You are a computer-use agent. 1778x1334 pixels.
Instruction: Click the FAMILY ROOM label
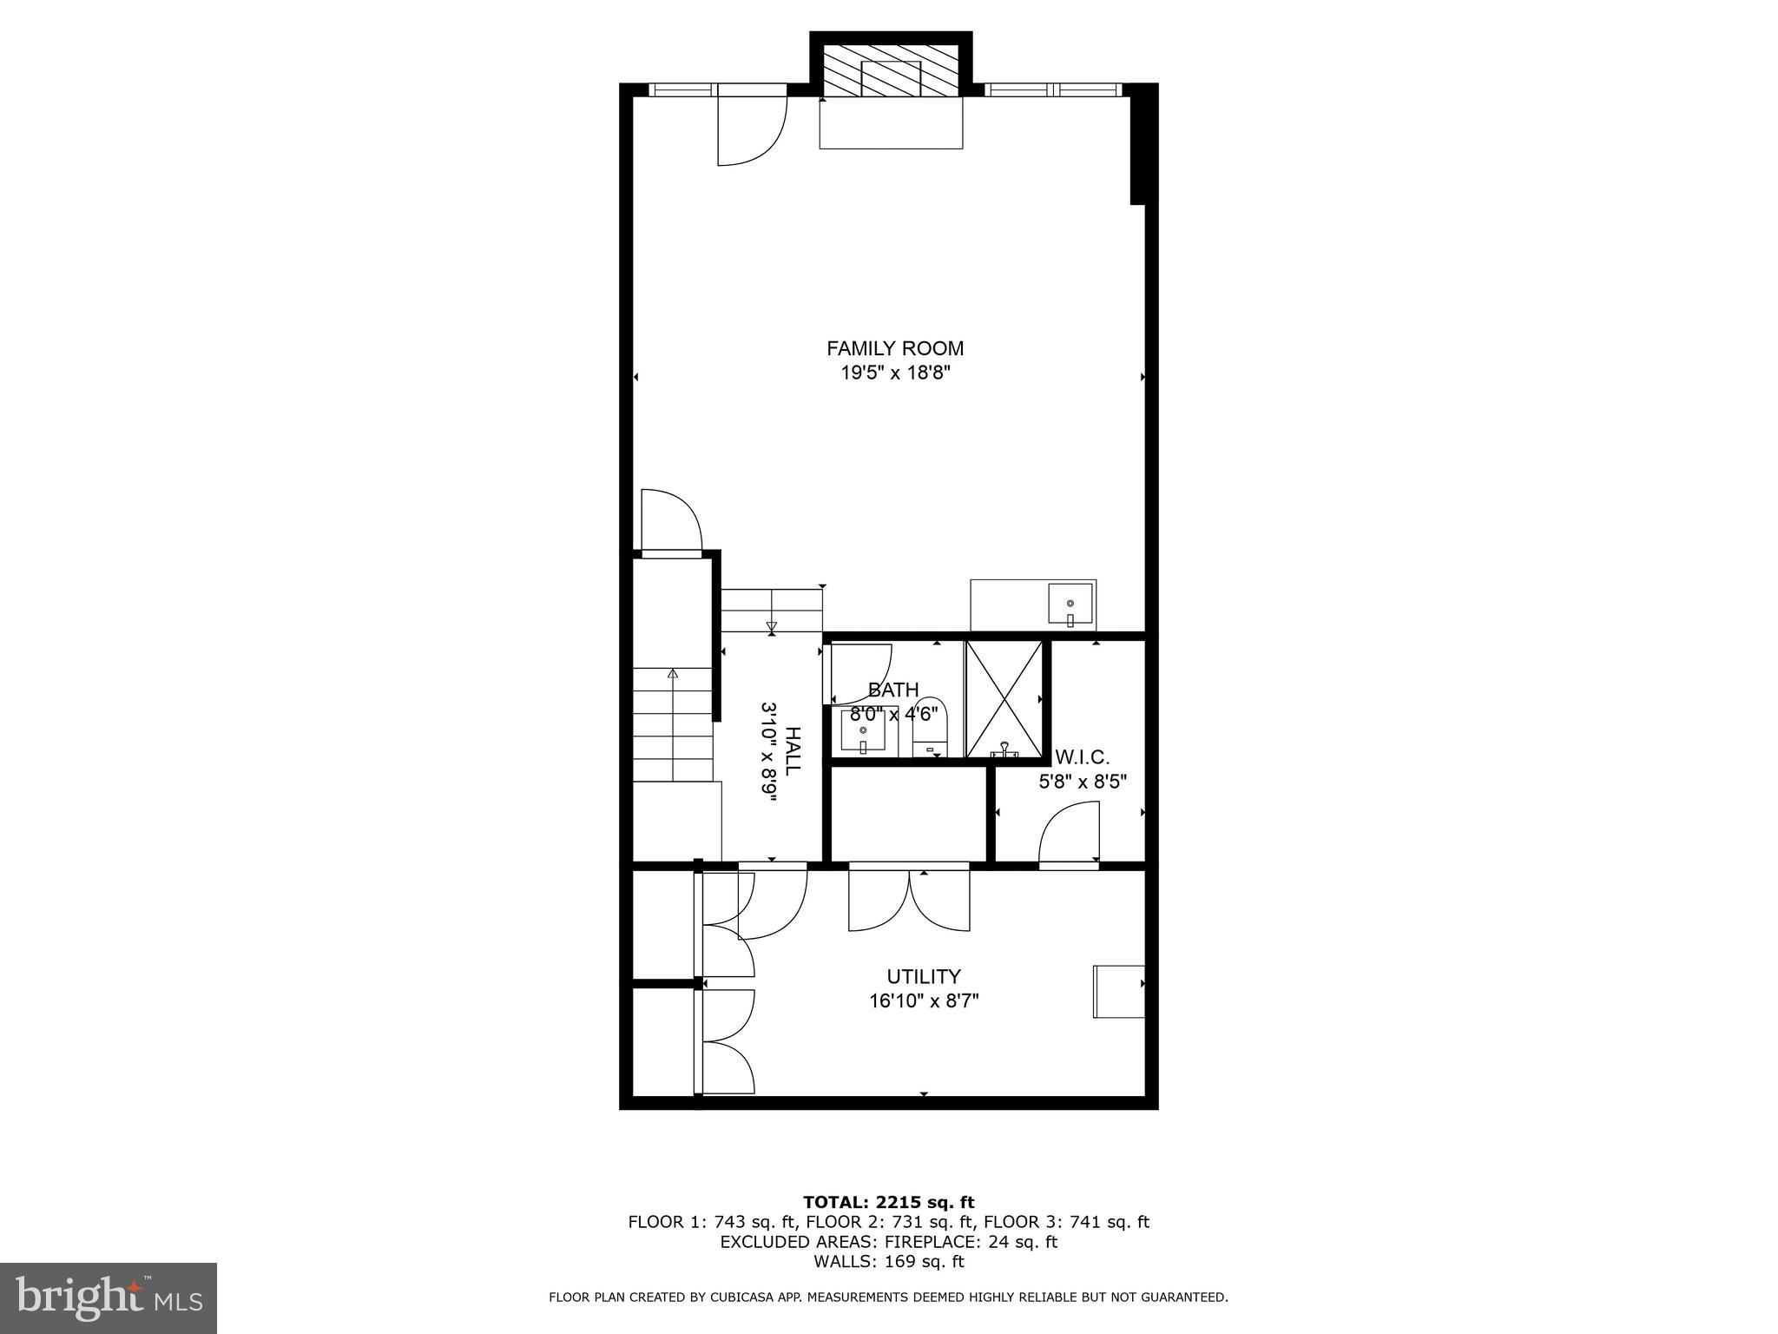tap(894, 348)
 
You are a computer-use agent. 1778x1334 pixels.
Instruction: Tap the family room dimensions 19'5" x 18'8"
tap(894, 373)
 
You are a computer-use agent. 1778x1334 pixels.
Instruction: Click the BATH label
tap(893, 690)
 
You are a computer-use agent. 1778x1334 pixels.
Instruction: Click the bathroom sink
tap(863, 731)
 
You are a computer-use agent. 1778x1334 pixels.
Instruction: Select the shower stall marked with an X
tap(1004, 699)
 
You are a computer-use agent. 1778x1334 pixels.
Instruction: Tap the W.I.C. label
tap(1082, 756)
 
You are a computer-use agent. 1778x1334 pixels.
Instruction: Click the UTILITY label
tap(923, 977)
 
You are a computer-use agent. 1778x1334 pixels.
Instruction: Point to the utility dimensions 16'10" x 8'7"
tap(923, 1001)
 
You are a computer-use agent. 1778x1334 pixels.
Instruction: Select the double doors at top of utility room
tap(909, 900)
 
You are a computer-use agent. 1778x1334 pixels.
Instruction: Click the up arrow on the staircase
tap(673, 675)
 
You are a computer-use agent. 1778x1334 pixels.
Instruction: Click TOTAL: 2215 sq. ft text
tap(888, 1202)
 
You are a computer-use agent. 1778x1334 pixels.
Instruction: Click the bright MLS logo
tap(108, 1298)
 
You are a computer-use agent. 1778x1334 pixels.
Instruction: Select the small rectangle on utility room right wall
tap(1118, 991)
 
